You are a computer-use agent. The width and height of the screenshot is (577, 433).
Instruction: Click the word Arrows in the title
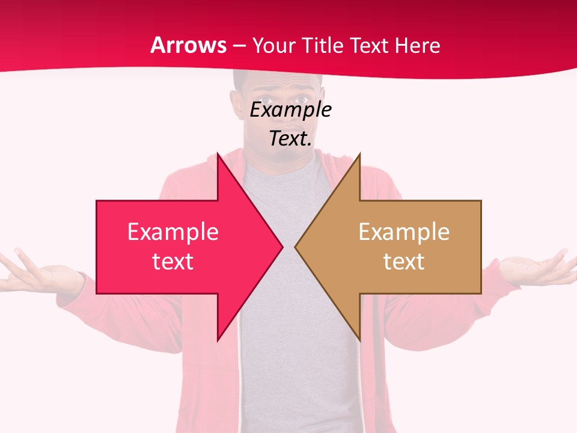(x=189, y=45)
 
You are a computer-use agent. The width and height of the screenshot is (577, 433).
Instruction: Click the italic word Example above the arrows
(x=290, y=110)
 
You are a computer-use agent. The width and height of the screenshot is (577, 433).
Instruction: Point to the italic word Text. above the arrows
(x=290, y=139)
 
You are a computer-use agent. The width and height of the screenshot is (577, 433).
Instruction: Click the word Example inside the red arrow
(x=173, y=232)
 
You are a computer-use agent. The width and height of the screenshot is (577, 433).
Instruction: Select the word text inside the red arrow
(x=173, y=262)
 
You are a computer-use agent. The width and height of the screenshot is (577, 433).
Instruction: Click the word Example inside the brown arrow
(x=404, y=232)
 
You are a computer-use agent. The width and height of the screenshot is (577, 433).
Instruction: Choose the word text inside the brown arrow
(x=404, y=262)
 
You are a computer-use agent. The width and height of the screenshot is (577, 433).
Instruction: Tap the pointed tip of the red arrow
(x=281, y=247)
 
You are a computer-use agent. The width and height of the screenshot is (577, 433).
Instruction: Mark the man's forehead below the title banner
(x=278, y=82)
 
